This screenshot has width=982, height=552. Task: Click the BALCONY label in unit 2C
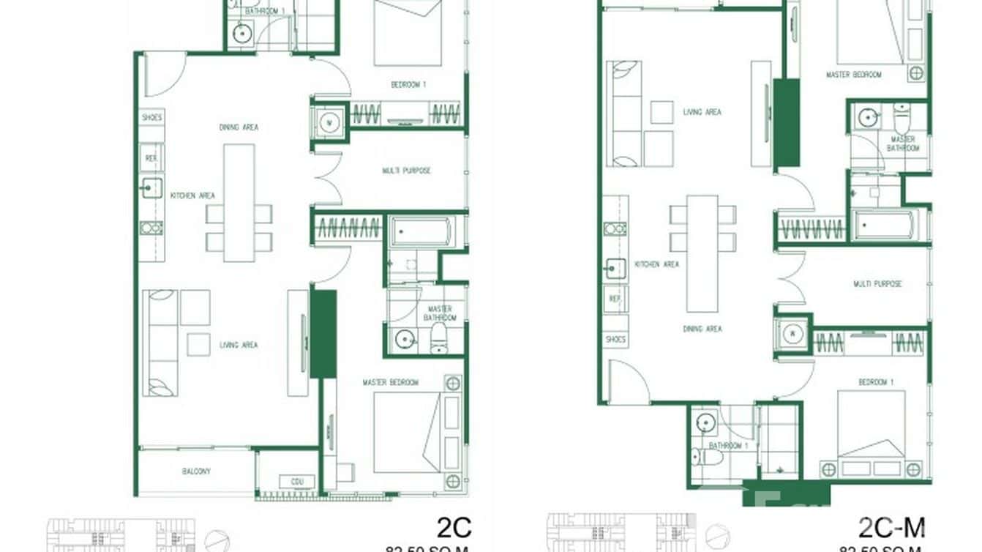pos(196,471)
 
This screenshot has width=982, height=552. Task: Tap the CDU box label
pos(297,482)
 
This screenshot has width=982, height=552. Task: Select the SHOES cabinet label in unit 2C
pos(152,117)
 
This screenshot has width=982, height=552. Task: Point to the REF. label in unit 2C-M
pos(615,299)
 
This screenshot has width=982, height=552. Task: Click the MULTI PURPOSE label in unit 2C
pos(406,171)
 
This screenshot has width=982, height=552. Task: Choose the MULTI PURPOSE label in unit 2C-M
pos(877,283)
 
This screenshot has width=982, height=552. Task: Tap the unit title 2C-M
pos(891,526)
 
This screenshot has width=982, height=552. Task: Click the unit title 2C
pos(454,526)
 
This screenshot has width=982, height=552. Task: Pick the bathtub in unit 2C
pos(421,232)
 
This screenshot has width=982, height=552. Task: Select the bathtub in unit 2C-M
pos(886,225)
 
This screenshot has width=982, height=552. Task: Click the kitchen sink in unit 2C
pos(151,188)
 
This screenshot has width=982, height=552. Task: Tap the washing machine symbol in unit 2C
pos(329,121)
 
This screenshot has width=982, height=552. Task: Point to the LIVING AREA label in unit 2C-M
pos(702,112)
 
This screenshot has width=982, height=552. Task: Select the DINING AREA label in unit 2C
pos(239,127)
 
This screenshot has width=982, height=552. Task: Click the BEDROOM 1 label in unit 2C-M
pos(875,382)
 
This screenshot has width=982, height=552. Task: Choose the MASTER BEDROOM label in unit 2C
pos(391,382)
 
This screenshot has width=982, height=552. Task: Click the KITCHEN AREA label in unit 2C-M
pos(656,264)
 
